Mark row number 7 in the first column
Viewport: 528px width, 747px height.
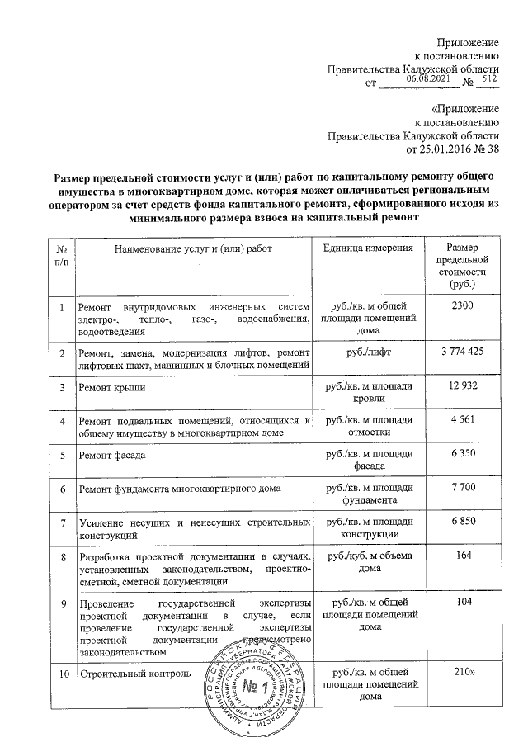[61, 523]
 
